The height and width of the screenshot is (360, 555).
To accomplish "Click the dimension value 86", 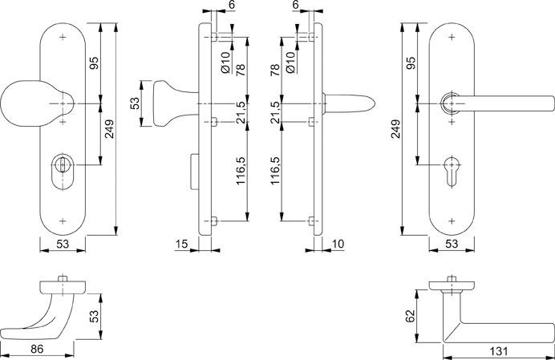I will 37,350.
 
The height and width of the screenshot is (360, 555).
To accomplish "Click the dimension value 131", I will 498,350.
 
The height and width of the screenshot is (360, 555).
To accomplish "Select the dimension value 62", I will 410,315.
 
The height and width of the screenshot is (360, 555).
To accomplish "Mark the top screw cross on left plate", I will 63,37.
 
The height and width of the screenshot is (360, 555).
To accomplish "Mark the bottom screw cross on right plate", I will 454,220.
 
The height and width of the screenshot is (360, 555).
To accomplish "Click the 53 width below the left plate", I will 63,243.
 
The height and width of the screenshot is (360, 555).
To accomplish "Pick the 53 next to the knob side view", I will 136,103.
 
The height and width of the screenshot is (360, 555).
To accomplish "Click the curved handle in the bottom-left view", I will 44,318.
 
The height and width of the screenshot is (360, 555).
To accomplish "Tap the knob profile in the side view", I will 168,103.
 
